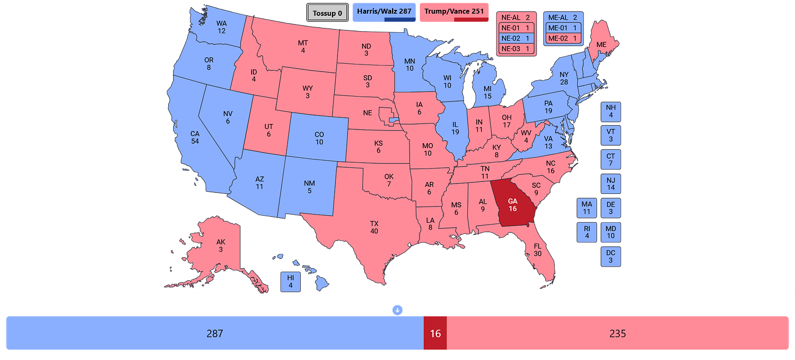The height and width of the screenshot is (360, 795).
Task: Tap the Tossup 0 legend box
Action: pos(328,13)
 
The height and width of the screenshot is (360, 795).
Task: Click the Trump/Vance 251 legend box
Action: pos(453,11)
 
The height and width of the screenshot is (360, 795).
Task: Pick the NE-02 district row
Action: pos(515,38)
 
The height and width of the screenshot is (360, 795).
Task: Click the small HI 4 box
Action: pos(290,281)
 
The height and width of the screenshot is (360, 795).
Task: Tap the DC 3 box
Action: pos(610,257)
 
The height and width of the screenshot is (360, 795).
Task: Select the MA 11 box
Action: pos(586,208)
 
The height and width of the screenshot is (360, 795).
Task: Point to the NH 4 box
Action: pos(610,111)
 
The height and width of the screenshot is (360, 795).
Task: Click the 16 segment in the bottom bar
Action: pos(435,333)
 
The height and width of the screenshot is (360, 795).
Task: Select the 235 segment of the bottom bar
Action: pos(618,333)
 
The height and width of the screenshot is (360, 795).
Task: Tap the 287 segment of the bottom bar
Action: pos(214,333)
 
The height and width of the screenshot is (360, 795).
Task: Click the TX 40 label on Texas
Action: pos(374,227)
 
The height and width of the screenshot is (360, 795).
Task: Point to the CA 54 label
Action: pos(194,138)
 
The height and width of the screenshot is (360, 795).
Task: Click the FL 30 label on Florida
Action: pos(537,250)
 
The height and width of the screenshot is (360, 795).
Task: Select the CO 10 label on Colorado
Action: pos(319,138)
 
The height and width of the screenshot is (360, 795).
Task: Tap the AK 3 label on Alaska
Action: pos(220,246)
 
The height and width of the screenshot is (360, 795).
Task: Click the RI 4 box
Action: pos(586,232)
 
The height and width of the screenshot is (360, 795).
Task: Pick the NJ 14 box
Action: pos(610,184)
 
